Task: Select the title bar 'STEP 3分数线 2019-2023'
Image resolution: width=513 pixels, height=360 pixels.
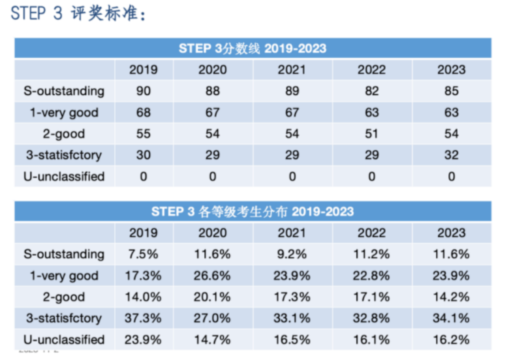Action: [x=253, y=49]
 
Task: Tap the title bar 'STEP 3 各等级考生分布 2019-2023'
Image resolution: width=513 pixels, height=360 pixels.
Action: [x=253, y=211]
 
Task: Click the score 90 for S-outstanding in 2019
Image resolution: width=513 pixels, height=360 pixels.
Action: [x=143, y=91]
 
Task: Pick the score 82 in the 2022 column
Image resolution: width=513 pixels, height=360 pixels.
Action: [x=372, y=91]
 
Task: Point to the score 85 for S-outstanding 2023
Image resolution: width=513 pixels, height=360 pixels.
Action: [x=451, y=91]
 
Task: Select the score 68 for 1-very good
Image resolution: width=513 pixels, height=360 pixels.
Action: [x=143, y=113]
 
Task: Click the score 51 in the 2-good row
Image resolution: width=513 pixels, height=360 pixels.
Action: [x=372, y=134]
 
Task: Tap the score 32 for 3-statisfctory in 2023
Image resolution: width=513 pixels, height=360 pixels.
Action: [x=451, y=155]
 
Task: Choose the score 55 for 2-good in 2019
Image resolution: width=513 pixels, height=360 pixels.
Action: [x=143, y=134]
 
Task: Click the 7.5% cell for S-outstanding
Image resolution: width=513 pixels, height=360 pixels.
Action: [x=143, y=254]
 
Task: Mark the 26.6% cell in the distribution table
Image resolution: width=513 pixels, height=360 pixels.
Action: [x=212, y=276]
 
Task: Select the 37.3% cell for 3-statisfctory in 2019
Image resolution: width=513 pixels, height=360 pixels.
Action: [x=143, y=318]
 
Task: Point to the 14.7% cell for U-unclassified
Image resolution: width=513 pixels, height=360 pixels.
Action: [x=212, y=340]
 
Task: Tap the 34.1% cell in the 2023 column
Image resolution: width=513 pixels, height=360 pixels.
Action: [x=451, y=318]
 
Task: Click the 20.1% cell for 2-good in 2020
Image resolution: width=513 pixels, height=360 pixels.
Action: [x=212, y=297]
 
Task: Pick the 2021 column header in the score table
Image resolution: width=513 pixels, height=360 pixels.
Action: [x=292, y=70]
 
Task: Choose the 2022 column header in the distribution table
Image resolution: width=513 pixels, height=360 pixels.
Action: [x=372, y=233]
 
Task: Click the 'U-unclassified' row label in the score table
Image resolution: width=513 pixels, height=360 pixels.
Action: [x=64, y=177]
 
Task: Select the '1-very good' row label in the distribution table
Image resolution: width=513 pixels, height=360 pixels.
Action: [x=64, y=276]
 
